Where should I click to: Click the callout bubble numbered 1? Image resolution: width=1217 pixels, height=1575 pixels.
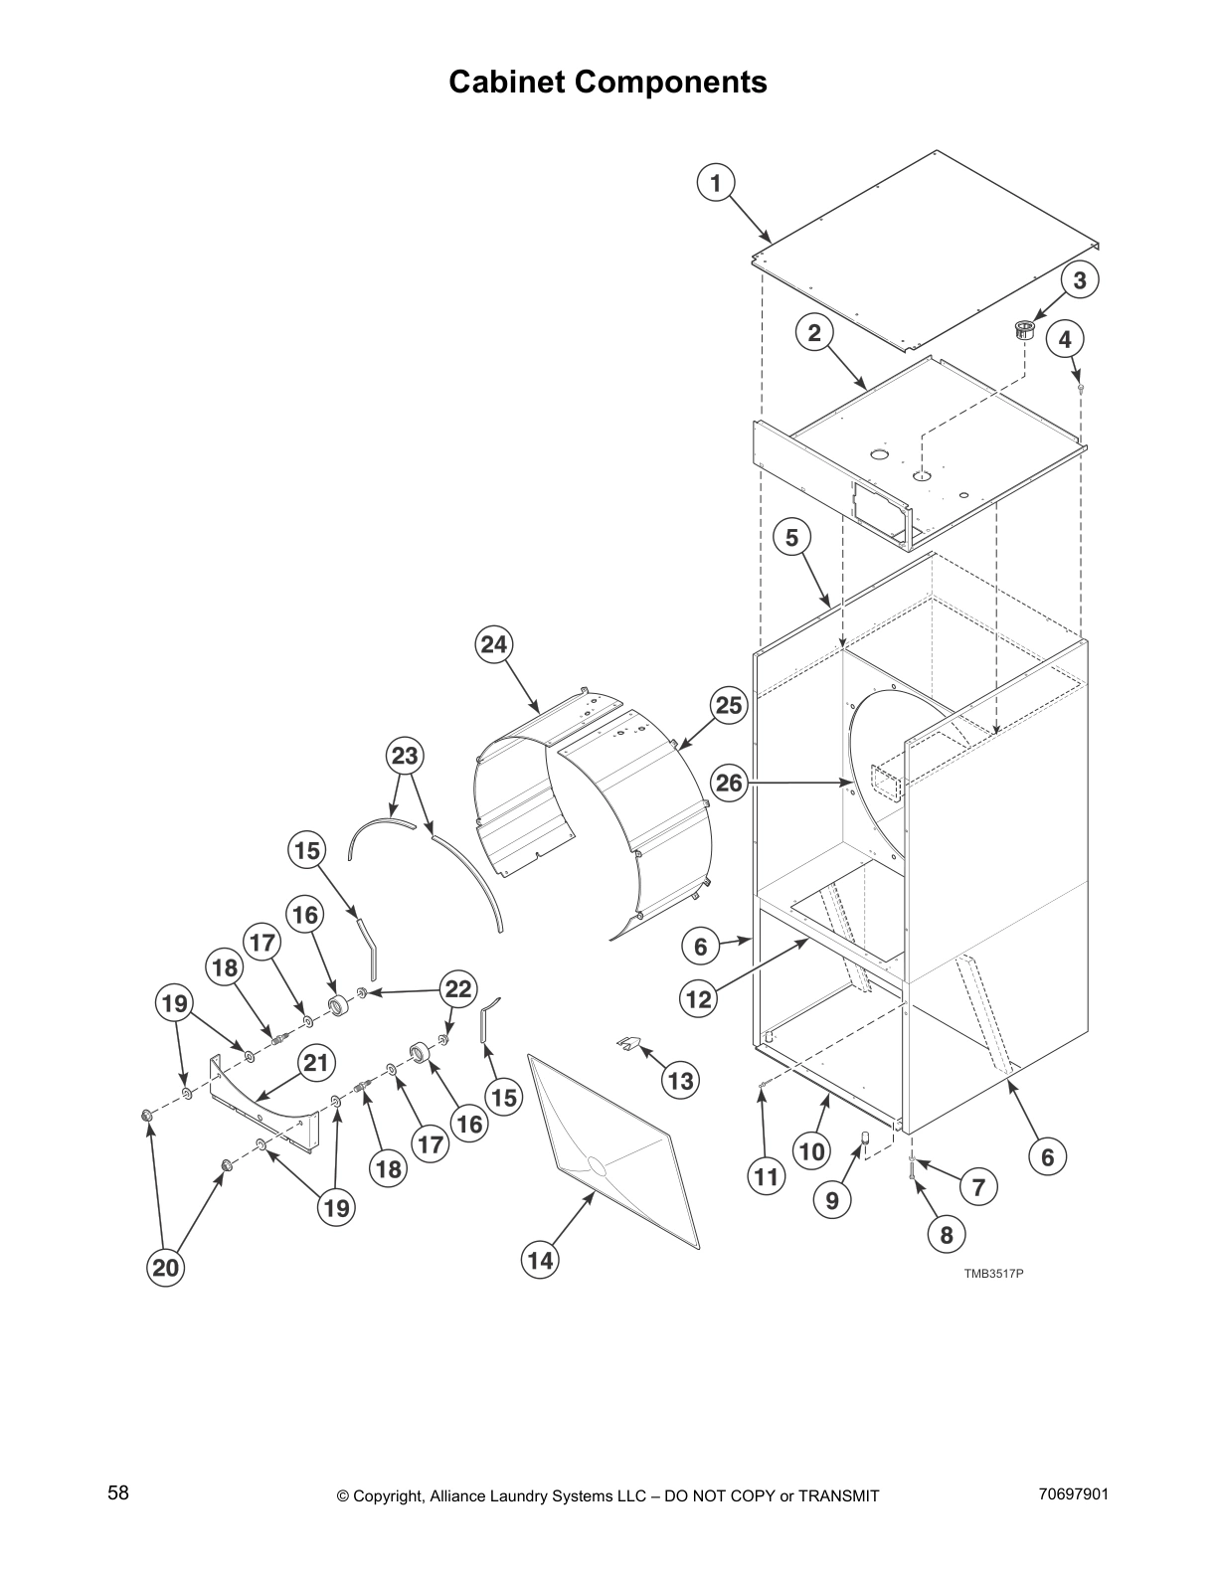(x=715, y=183)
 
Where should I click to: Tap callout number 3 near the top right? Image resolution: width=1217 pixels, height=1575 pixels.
(x=1080, y=280)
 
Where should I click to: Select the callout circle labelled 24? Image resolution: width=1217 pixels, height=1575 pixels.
(x=494, y=644)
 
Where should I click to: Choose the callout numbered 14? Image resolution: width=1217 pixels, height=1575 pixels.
(x=540, y=1261)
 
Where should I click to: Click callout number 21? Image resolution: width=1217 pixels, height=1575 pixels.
(x=315, y=1063)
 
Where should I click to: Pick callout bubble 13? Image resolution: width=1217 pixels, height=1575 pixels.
(x=681, y=1080)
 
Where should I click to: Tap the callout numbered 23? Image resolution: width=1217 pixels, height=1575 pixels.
(x=405, y=757)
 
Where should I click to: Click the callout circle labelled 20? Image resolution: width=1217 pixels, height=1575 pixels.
(x=166, y=1268)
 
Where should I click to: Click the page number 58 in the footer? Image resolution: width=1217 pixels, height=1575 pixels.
(x=118, y=1492)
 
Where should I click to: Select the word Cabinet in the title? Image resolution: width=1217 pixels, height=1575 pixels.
(x=507, y=82)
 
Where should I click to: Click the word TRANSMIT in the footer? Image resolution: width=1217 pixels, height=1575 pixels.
(x=839, y=1495)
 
